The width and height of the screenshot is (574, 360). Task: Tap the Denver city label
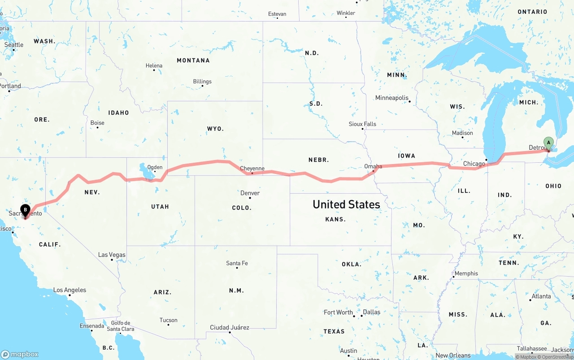(250, 193)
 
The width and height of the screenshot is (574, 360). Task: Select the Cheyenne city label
(252, 169)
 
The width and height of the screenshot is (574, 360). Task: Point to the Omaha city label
(373, 166)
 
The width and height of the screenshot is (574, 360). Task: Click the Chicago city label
(474, 164)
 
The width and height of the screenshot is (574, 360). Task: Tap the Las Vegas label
(112, 255)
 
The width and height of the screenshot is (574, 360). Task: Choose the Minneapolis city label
(392, 98)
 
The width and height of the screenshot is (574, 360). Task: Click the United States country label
(346, 204)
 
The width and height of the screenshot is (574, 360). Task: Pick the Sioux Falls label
(362, 124)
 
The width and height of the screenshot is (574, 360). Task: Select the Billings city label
(202, 82)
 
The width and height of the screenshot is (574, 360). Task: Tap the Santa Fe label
(237, 263)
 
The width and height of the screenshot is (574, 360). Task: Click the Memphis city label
(466, 273)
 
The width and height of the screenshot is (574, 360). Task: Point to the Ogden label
(155, 167)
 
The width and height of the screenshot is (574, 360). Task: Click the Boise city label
(97, 123)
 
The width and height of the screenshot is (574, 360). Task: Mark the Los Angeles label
(70, 290)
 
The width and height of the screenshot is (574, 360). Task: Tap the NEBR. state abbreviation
(318, 160)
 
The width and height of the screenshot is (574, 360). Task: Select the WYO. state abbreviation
(215, 129)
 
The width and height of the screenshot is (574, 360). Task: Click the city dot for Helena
(154, 70)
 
